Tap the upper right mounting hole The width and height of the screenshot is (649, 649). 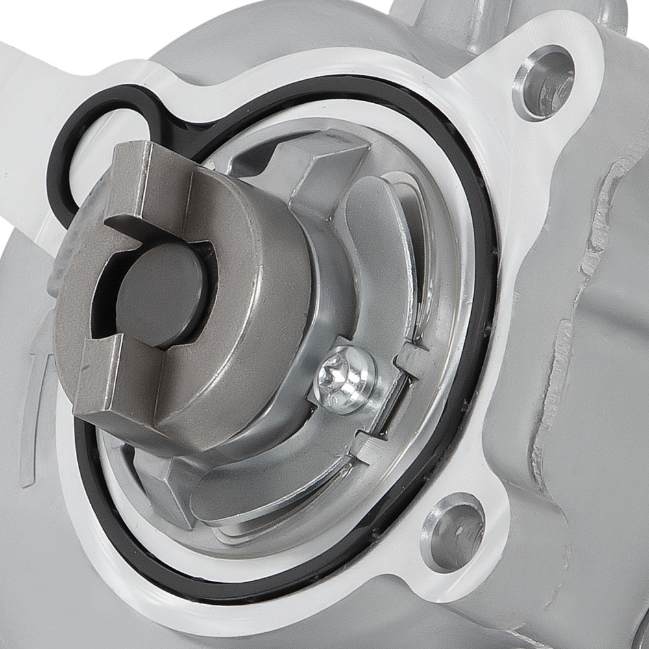coord(544,82)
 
